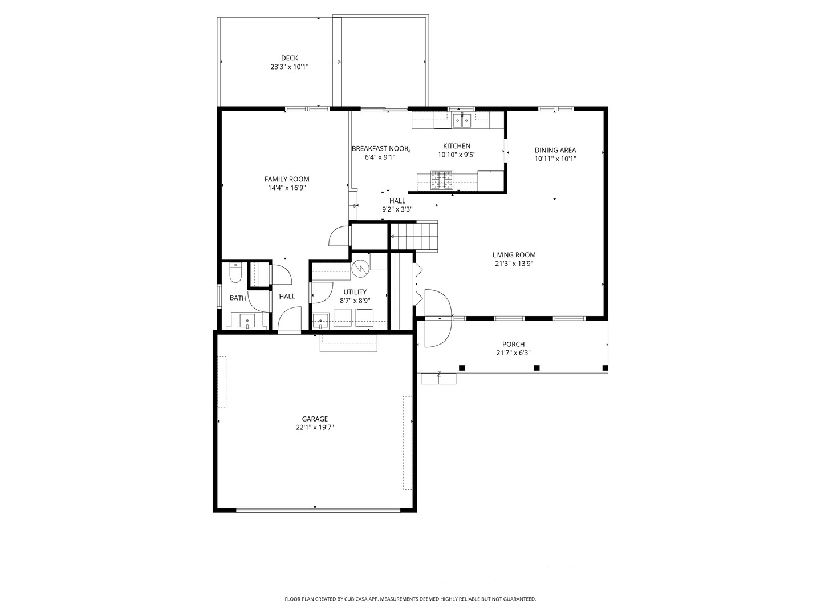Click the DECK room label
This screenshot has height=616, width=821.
point(289,58)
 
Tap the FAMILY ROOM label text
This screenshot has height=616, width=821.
point(287,179)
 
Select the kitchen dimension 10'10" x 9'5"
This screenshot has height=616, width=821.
point(457,155)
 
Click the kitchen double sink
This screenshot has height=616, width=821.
point(462,120)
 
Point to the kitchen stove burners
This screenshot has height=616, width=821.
point(442,180)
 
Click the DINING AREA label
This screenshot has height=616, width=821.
point(555,151)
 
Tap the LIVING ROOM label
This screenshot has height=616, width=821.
point(514,255)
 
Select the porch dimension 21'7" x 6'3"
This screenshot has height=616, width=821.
point(513,352)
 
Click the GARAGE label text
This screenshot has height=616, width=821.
point(315,419)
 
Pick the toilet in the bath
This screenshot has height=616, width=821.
point(236,273)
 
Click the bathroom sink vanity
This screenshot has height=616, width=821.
point(247,321)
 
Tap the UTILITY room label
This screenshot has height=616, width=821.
point(355,292)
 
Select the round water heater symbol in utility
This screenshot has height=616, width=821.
point(360,269)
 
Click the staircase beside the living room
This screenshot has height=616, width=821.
point(414,236)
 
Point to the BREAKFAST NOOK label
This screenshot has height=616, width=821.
point(380,149)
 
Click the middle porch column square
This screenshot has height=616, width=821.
point(537,368)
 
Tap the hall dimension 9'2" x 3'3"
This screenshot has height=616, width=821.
point(397,209)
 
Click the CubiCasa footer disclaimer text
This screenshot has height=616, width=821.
point(410,599)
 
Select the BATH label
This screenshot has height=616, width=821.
point(238,298)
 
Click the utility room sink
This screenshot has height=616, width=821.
point(320,321)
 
